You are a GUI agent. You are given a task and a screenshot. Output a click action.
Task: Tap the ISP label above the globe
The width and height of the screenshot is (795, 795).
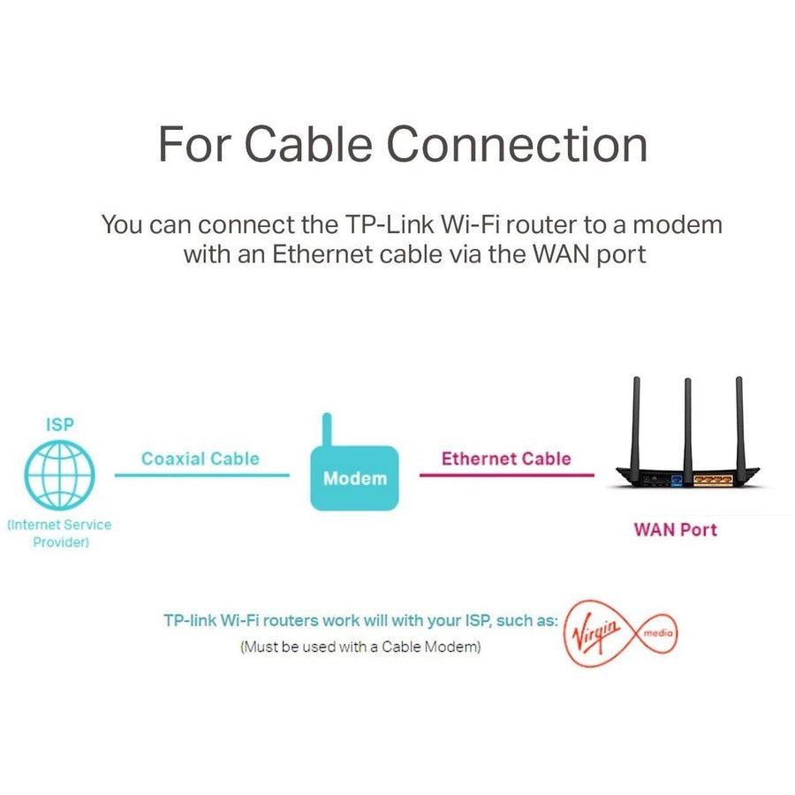pyautogui.click(x=60, y=424)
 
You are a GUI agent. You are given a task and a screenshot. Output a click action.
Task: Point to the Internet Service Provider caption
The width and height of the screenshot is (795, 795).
pyautogui.click(x=60, y=533)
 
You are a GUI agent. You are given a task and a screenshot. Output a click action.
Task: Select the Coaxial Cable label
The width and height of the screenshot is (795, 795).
pyautogui.click(x=201, y=458)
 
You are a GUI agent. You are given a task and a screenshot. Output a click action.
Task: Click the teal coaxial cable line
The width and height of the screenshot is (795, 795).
pyautogui.click(x=201, y=475)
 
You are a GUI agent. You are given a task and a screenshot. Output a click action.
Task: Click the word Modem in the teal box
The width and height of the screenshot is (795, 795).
pyautogui.click(x=355, y=479)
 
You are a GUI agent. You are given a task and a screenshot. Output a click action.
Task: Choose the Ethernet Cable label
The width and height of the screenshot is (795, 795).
pyautogui.click(x=506, y=458)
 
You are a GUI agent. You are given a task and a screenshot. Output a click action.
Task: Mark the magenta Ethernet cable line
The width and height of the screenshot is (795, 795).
pyautogui.click(x=506, y=475)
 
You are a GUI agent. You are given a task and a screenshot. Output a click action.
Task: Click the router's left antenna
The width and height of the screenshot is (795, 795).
pyautogui.click(x=633, y=420)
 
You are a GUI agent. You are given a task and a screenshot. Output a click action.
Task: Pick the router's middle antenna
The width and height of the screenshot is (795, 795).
pyautogui.click(x=686, y=420)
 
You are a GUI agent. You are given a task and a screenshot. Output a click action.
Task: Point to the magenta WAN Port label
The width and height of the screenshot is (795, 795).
pyautogui.click(x=676, y=530)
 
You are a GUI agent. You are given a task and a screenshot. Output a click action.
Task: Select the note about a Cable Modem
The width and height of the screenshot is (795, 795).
pyautogui.click(x=360, y=647)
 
